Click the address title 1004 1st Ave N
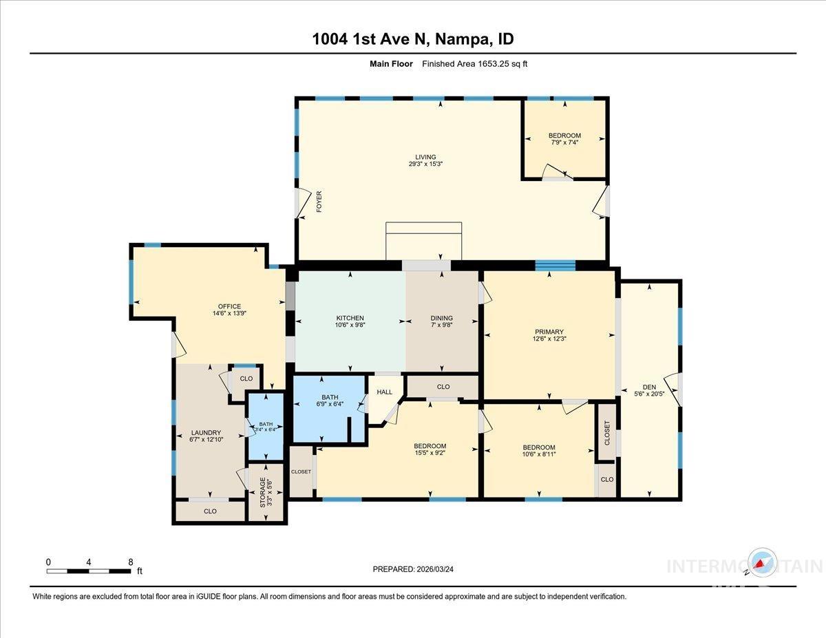[413, 39]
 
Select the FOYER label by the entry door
[319, 202]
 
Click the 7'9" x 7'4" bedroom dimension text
[564, 143]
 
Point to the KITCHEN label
[350, 318]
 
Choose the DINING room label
[441, 318]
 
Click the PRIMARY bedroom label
[549, 332]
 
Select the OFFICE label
[229, 306]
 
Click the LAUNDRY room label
[206, 433]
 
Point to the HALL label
[384, 392]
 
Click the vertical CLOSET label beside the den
[606, 432]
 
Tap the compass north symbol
[762, 563]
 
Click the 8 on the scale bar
[131, 562]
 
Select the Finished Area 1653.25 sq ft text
[474, 64]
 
